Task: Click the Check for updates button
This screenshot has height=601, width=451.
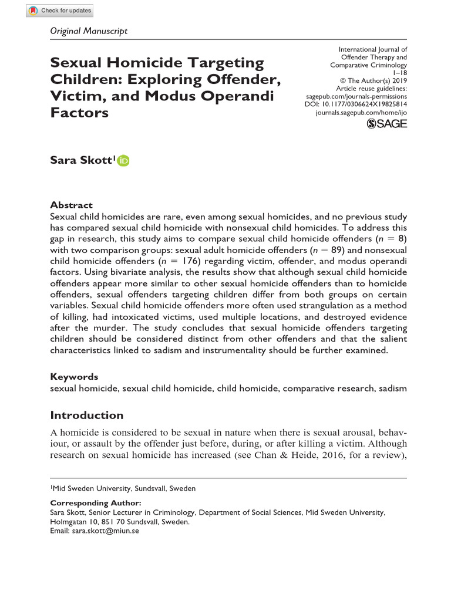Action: (x=59, y=11)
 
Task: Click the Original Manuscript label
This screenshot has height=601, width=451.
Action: (x=89, y=31)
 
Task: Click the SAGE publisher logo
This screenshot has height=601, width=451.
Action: (x=386, y=124)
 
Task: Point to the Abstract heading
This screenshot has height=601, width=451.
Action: (x=71, y=205)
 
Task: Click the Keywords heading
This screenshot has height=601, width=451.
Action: (x=74, y=377)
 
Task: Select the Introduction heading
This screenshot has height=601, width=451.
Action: (x=86, y=416)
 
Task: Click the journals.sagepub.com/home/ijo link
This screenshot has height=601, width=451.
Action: (x=361, y=112)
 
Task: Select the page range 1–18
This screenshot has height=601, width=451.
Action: (x=399, y=73)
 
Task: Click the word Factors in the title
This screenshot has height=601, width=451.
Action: (x=79, y=113)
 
